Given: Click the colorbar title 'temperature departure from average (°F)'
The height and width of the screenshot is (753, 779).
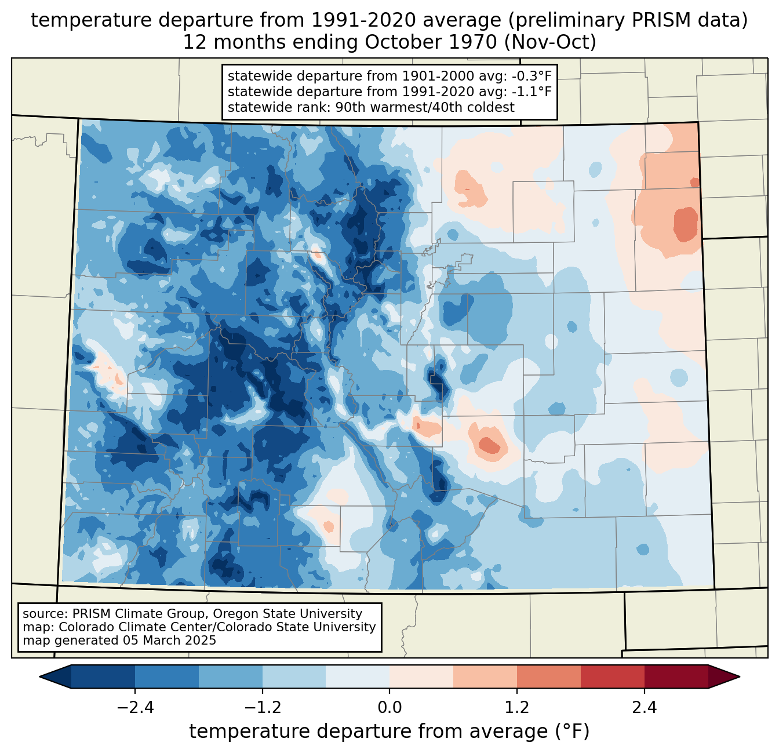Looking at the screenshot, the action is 389,731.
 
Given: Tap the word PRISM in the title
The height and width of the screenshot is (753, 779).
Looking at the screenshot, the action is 656,20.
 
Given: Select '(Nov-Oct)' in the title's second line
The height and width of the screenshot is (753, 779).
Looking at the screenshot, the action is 550,42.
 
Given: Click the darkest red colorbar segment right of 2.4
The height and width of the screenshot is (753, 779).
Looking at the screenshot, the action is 676,676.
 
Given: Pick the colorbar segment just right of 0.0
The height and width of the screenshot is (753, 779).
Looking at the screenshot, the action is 421,676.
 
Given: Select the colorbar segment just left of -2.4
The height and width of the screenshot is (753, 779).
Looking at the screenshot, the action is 103,676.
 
